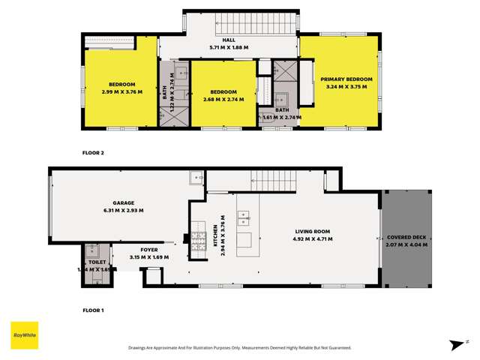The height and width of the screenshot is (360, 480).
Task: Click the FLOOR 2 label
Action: pos(93,152)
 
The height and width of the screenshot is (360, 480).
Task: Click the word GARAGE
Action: pos(123,202)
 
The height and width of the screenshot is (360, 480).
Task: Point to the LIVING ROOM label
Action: pos(312,231)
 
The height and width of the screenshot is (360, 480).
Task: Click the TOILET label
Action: pos(97,262)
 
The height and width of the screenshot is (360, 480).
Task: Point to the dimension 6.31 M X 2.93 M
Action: pos(123,210)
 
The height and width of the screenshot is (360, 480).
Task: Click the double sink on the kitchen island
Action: pos(244,219)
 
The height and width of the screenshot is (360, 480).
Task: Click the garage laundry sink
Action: pos(196,178)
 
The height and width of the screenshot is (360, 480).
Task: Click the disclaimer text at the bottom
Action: pos(240,348)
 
